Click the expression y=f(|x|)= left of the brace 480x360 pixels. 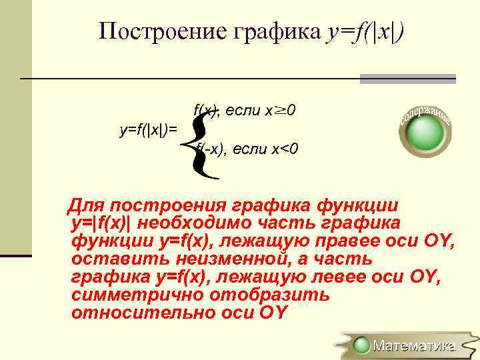149,129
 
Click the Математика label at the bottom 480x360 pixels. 414,345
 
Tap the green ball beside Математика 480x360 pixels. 362,345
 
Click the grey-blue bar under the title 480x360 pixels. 407,79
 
